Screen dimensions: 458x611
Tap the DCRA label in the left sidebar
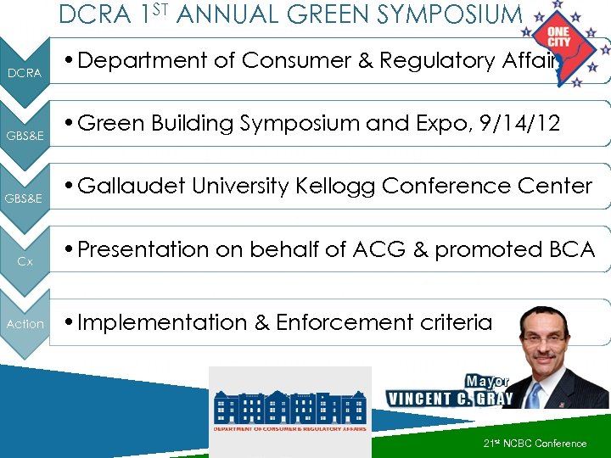25,74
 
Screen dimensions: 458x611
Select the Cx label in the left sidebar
25,262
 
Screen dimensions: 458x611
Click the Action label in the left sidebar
25,324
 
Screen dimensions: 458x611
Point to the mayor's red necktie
534,394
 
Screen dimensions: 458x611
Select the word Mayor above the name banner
487,381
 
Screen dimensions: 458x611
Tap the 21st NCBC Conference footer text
535,444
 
